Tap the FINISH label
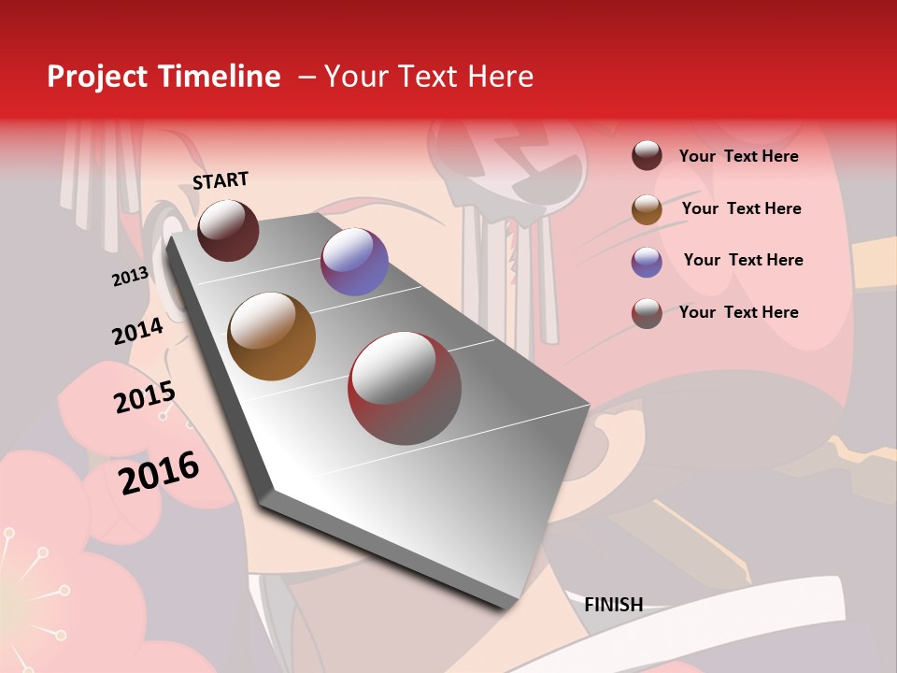613,605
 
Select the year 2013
130,277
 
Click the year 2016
159,473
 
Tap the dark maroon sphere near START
228,230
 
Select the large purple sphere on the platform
354,262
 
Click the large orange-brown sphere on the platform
271,336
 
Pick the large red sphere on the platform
404,388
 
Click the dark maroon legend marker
647,156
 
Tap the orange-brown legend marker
647,209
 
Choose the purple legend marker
647,262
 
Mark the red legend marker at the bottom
647,313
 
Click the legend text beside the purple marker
743,260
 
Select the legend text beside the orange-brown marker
741,208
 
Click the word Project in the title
98,77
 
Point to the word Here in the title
500,77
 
